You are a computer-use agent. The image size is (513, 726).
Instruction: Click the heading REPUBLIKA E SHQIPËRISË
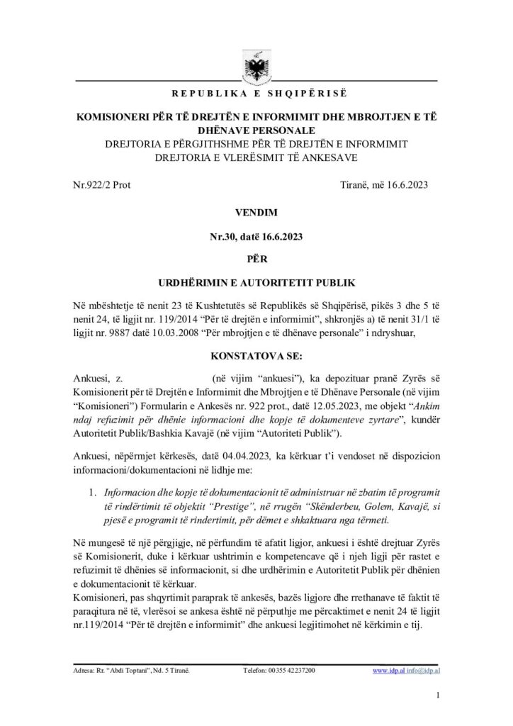[256, 94]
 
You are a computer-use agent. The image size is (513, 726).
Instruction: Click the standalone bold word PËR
[256, 261]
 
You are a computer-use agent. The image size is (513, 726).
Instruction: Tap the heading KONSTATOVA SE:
[256, 351]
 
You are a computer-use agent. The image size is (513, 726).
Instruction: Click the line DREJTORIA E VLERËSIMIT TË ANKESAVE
[256, 157]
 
